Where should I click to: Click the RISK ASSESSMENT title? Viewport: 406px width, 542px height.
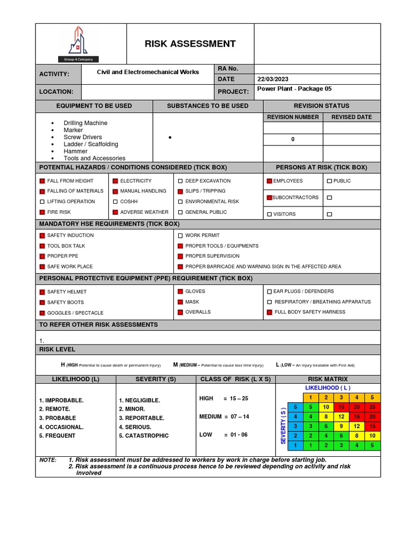190,44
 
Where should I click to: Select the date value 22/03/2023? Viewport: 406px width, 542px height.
272,79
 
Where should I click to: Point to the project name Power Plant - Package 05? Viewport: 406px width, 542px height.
294,89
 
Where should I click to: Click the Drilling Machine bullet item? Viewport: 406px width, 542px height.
85,123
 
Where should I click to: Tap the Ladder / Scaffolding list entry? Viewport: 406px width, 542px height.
90,144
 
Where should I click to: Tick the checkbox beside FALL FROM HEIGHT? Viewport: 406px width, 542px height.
42,181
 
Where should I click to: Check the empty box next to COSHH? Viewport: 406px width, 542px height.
115,202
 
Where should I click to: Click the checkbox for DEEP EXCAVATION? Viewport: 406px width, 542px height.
180,181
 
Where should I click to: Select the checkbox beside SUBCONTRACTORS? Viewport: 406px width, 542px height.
269,197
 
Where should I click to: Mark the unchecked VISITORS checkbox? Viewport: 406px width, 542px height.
269,214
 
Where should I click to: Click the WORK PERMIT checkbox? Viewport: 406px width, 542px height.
180,236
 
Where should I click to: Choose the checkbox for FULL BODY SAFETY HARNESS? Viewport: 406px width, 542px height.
269,312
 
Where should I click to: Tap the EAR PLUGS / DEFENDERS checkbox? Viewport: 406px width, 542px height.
269,292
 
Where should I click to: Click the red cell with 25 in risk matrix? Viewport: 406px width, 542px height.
372,407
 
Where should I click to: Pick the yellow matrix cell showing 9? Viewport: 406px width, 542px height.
342,426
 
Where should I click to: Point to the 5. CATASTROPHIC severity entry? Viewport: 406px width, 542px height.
144,436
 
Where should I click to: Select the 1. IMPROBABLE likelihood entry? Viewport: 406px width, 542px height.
61,400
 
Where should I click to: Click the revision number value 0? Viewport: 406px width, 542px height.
293,140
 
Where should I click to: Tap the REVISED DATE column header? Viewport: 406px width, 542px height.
352,117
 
